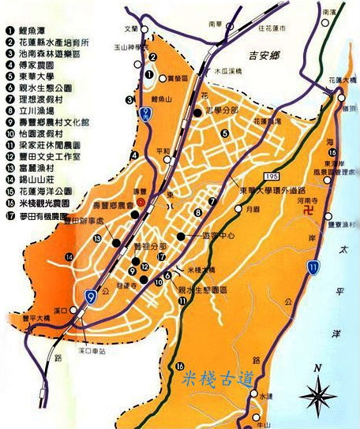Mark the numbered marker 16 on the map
click(x=180, y=365)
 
